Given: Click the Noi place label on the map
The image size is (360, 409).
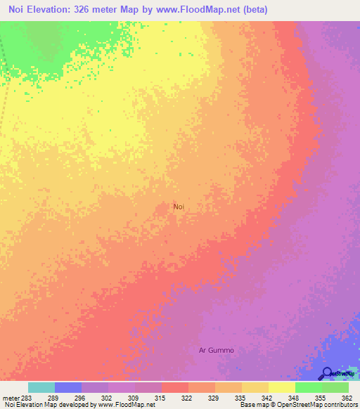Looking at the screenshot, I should (179, 207).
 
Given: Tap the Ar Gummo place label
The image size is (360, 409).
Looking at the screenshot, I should (216, 350).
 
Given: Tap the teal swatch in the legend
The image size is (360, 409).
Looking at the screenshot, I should (41, 387).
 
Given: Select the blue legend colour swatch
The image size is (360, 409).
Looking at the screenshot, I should (68, 387).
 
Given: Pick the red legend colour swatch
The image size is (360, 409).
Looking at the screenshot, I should (175, 387).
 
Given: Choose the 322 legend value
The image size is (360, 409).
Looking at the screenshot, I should (188, 398).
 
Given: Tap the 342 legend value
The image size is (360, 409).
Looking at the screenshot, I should (268, 398).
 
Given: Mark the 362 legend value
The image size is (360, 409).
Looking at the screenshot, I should (347, 398).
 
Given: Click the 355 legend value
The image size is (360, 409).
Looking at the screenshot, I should (321, 398).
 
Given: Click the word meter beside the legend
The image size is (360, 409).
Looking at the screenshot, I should (10, 398).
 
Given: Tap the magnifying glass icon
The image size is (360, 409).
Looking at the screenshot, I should (327, 373).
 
